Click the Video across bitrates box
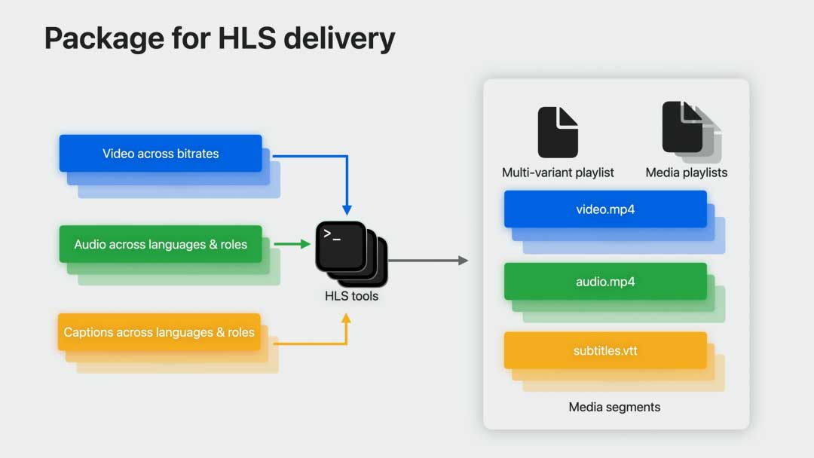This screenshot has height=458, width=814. point(161,154)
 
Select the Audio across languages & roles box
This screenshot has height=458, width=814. point(161,244)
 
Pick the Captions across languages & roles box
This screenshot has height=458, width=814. point(159,332)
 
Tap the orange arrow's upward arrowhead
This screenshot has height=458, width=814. point(347,319)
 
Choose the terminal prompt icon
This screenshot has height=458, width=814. point(341,246)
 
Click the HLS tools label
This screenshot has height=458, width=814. point(351,296)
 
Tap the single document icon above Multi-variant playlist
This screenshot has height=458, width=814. point(558,132)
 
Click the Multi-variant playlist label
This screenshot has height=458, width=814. point(558,173)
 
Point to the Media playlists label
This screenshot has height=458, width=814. point(687,173)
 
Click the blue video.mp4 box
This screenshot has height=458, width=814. point(605,209)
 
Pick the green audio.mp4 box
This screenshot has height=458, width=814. point(605,282)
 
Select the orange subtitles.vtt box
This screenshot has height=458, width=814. point(605,351)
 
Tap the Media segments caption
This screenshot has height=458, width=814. point(614,407)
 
